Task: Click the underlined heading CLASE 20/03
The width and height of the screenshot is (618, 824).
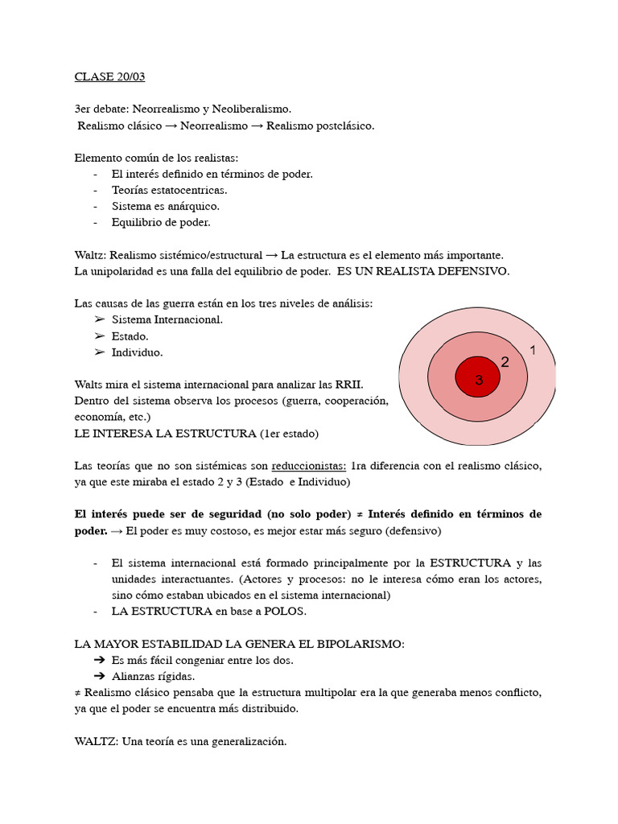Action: click(109, 77)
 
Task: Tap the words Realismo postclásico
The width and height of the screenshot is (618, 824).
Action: click(320, 126)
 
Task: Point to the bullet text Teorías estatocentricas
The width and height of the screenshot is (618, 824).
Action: click(169, 190)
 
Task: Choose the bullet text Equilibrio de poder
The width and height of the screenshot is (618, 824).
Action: click(161, 222)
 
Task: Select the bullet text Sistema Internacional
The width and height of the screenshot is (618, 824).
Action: click(167, 319)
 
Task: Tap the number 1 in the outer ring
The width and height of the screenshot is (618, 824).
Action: click(532, 350)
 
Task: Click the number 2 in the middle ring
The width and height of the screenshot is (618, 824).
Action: click(505, 362)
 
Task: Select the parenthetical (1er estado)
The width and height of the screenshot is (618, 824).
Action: click(289, 434)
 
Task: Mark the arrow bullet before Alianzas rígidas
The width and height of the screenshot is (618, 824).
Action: click(100, 677)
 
